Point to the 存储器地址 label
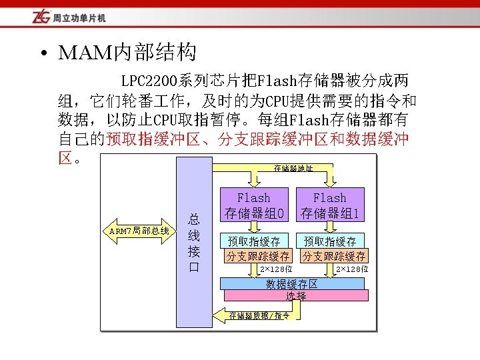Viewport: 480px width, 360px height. [293, 168]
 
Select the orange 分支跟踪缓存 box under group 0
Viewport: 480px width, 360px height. [258, 255]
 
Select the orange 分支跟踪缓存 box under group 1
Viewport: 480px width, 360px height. [334, 255]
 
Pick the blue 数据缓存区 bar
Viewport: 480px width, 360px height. [293, 283]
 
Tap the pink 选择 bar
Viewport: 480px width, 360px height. [296, 295]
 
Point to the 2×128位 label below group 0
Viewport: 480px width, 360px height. [276, 269]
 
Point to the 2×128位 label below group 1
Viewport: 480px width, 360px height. [351, 269]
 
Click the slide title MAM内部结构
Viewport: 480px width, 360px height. [127, 51]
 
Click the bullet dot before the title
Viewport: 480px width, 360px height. [43, 53]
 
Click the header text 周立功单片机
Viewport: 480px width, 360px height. [79, 17]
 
